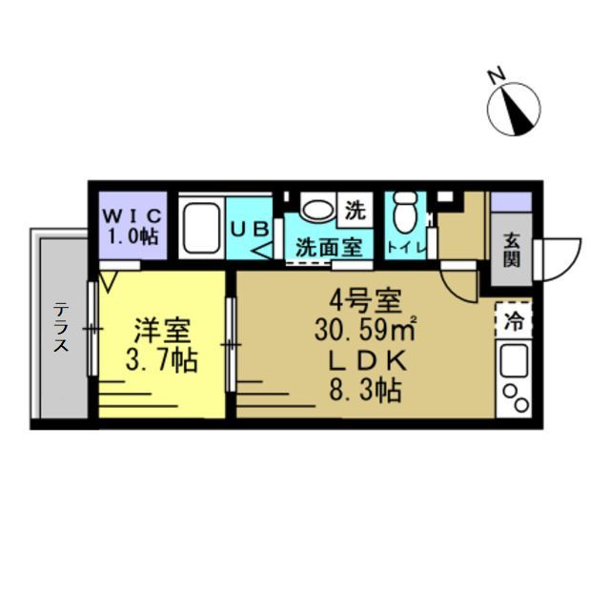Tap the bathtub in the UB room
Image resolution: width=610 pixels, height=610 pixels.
coord(201,228)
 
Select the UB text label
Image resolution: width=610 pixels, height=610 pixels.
coord(250,230)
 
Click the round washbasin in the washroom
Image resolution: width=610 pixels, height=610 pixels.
coord(318,210)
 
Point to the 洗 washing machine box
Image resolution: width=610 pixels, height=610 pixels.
coord(356,210)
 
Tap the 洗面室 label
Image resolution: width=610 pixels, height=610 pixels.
coord(329,248)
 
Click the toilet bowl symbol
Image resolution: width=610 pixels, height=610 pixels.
coord(404,212)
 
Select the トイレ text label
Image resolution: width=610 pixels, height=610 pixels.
coord(405,248)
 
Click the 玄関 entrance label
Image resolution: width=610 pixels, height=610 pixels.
coord(512,250)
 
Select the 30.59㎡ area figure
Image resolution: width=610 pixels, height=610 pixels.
coord(365,331)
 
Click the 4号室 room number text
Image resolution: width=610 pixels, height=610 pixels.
coord(365,302)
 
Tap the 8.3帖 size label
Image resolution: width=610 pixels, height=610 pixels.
coord(365,390)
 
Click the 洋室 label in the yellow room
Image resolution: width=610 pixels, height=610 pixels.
coord(162,331)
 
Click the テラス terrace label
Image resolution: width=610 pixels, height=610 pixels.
coord(61,327)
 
